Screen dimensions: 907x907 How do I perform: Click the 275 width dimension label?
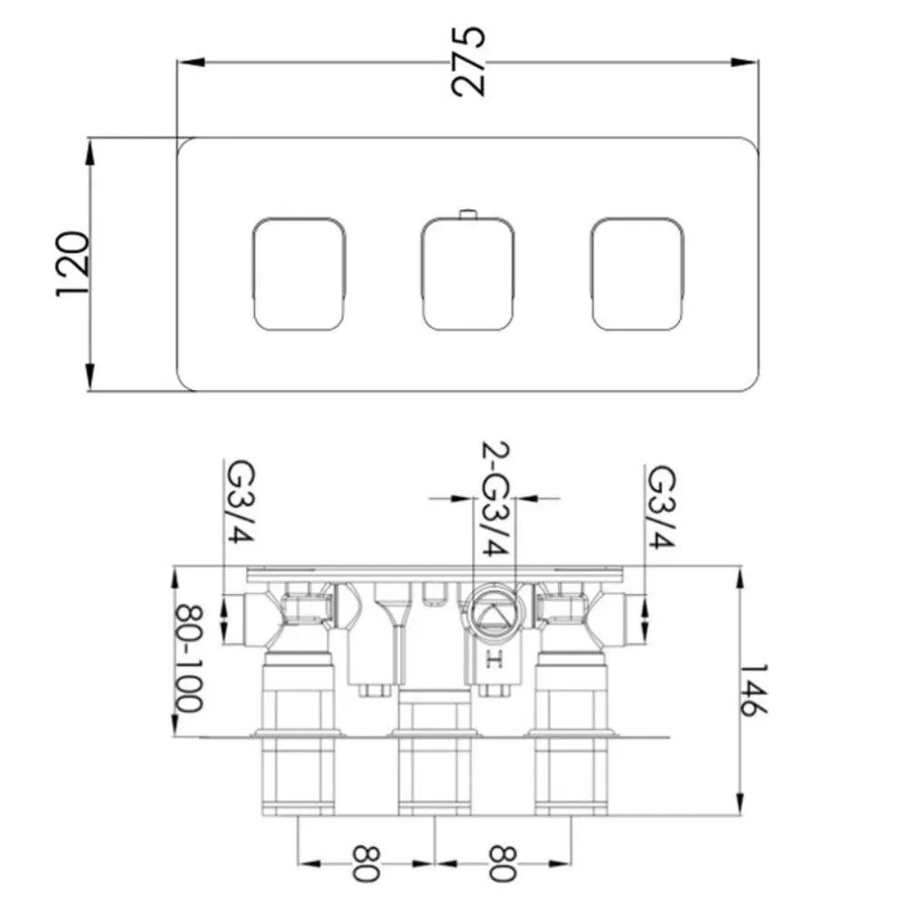coord(467,61)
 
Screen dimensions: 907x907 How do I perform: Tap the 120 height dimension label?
coord(73,264)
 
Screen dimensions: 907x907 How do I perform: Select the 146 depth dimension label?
coord(754,690)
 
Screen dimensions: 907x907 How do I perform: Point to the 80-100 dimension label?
coord(190,658)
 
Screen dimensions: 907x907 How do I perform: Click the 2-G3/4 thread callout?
coord(496,499)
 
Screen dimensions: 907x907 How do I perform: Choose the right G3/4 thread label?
coord(660,507)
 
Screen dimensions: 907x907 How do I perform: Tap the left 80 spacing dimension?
coord(366,863)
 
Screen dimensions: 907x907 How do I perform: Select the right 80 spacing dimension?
coord(502,863)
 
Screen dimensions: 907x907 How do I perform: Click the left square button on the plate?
coord(299,274)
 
